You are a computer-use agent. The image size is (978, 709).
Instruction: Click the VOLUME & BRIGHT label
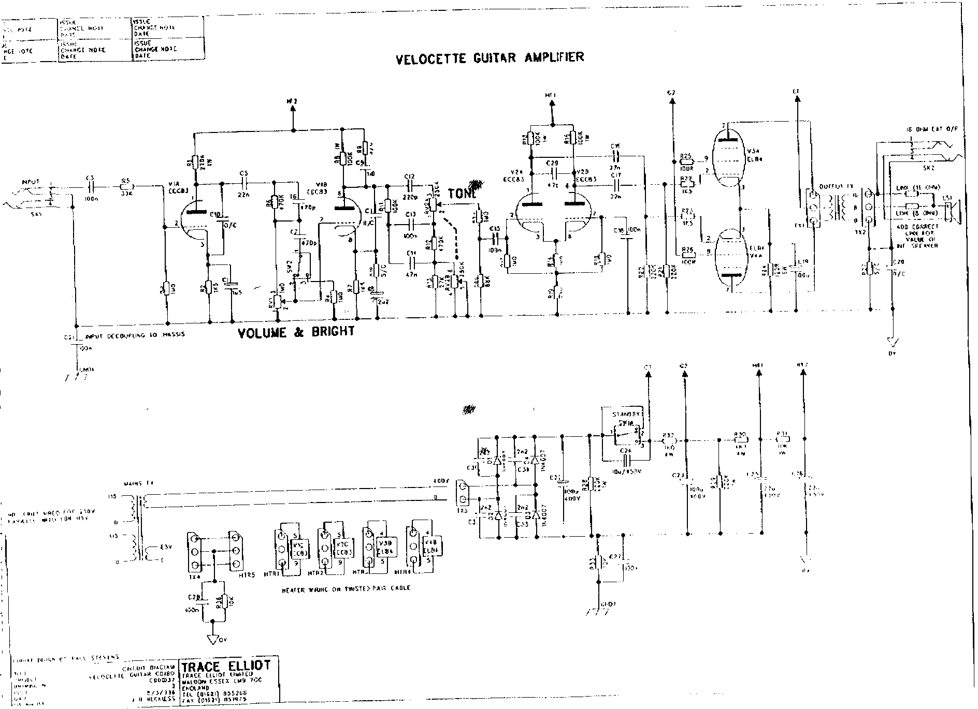click(296, 332)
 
